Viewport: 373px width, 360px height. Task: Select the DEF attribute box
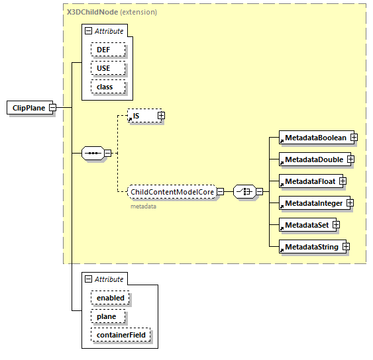(x=105, y=50)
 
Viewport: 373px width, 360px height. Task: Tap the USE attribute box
(x=105, y=68)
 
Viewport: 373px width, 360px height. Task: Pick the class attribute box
(x=105, y=87)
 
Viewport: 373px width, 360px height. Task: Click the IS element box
(x=141, y=116)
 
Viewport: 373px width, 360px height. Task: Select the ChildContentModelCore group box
(x=172, y=192)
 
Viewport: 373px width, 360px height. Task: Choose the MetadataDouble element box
(x=312, y=159)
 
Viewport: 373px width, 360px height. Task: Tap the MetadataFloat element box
(x=308, y=181)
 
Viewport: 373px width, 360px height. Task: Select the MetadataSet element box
(x=305, y=225)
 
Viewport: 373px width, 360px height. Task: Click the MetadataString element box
(x=309, y=247)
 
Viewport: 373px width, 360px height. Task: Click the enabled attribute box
(x=111, y=298)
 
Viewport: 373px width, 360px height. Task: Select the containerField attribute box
(x=121, y=336)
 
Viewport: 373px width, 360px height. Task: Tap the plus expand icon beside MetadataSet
(x=336, y=225)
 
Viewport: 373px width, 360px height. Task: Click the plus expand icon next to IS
(x=161, y=116)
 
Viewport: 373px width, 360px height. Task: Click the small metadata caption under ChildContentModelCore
(x=143, y=206)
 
